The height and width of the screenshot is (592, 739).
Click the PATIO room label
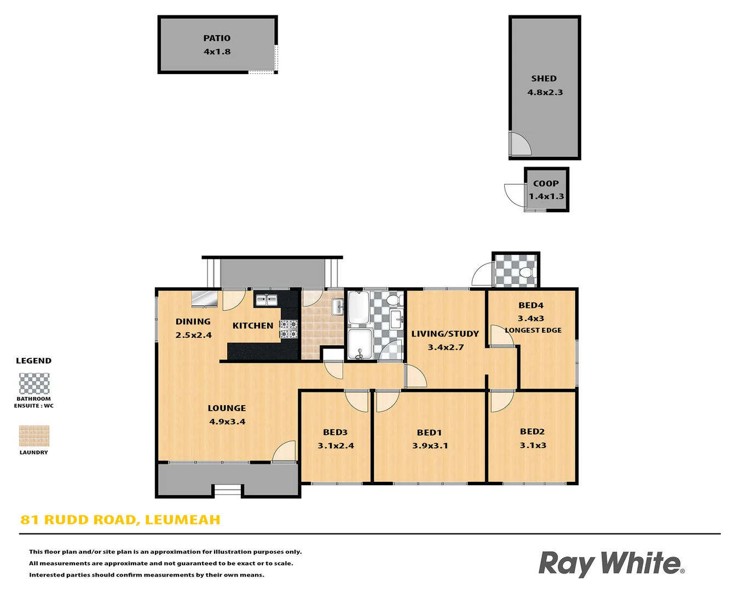[217, 38]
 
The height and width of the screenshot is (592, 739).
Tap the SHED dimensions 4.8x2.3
[545, 93]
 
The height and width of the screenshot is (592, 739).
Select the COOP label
[546, 184]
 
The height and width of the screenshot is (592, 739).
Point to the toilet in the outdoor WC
[527, 272]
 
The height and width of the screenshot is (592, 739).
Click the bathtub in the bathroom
[359, 307]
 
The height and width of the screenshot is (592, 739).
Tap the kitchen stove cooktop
[288, 329]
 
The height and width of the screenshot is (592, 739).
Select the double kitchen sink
[266, 300]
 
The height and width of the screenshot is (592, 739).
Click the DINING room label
[193, 322]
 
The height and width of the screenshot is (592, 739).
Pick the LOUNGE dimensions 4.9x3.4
[227, 422]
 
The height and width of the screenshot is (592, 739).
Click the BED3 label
[335, 432]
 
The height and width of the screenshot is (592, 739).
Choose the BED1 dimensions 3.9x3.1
[430, 446]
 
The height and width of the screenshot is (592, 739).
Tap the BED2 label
[532, 432]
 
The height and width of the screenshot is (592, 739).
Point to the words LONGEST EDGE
[533, 331]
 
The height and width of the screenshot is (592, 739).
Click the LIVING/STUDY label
[445, 334]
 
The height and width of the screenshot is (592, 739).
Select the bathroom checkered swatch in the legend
[34, 384]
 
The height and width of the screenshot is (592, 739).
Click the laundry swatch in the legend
[34, 436]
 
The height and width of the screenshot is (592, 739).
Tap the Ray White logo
[611, 564]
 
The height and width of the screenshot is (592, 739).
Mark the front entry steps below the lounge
[227, 491]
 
